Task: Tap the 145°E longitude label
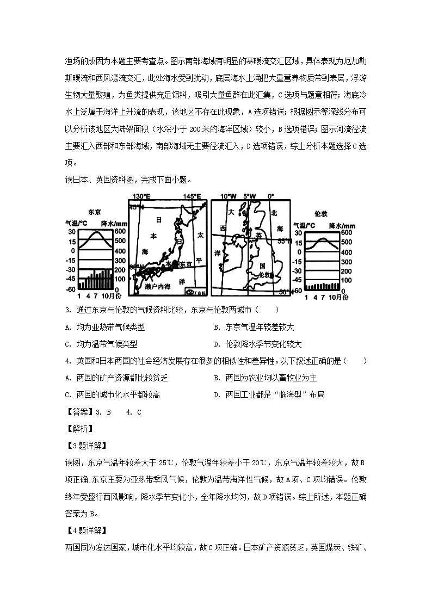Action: point(192,196)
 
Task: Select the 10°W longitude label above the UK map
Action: point(227,196)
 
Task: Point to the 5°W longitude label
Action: point(249,196)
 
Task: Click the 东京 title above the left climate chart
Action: point(94,213)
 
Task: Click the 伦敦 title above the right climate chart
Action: point(321,214)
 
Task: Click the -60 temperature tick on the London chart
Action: point(298,291)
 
